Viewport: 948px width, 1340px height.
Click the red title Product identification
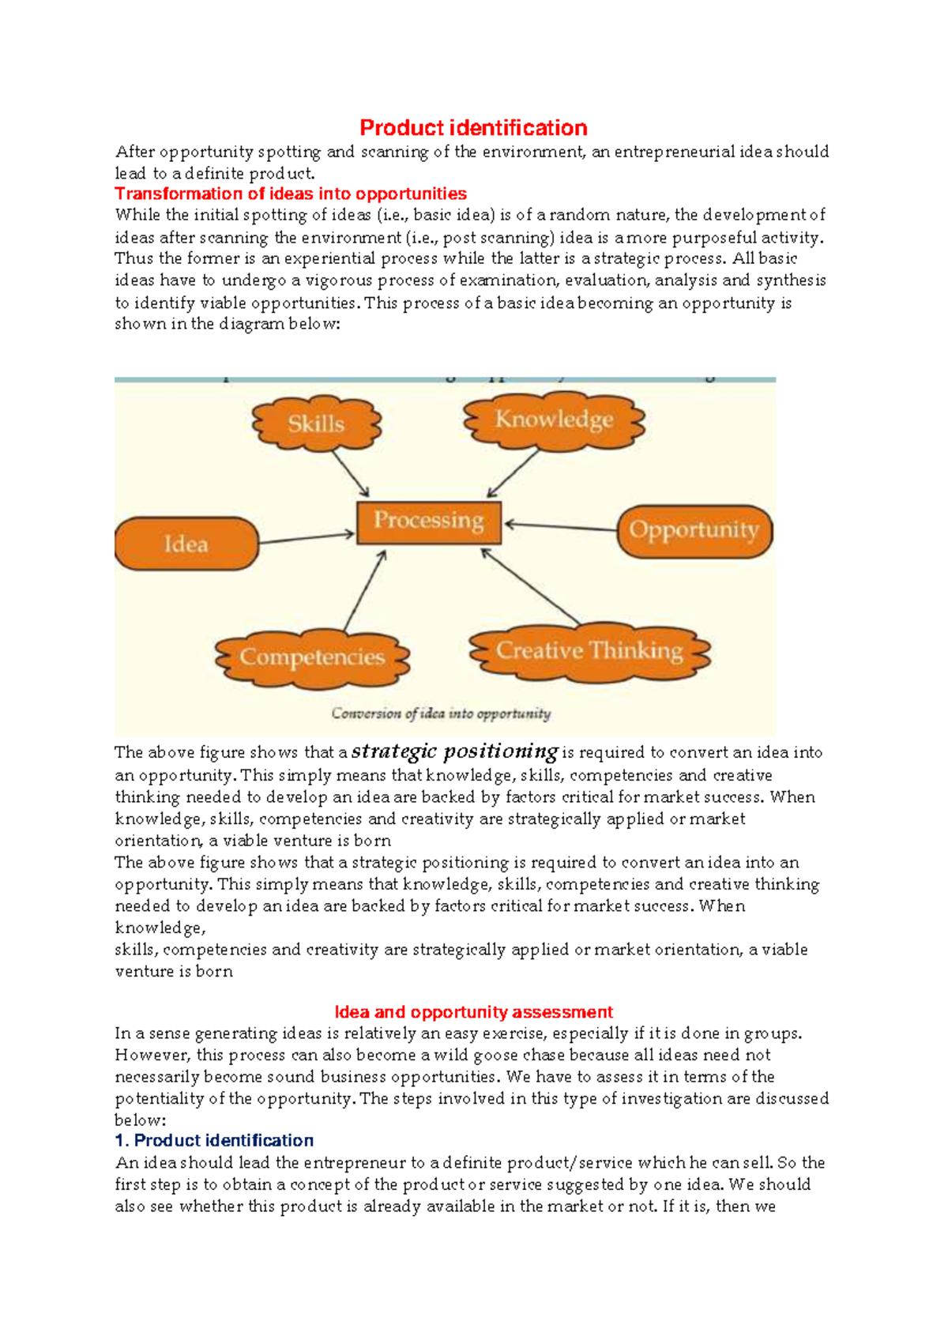tap(473, 128)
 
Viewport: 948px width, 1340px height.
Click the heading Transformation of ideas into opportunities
tap(290, 194)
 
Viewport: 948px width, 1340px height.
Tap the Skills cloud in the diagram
tap(316, 423)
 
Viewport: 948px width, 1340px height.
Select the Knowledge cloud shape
tap(554, 420)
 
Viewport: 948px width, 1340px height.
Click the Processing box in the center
tap(428, 521)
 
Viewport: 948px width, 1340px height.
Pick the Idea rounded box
tap(186, 544)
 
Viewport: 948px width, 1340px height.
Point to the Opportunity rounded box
tap(694, 530)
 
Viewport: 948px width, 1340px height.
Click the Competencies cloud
tap(312, 657)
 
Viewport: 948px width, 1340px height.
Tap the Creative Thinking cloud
tap(589, 651)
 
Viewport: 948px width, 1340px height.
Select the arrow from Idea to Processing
tap(307, 538)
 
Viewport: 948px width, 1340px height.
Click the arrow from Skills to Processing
tap(350, 472)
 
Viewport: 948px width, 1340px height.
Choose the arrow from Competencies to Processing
tap(365, 590)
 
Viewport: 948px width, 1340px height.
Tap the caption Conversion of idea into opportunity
tap(441, 713)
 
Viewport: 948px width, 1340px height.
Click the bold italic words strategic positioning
tap(455, 751)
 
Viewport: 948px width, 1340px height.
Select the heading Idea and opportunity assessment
tap(473, 1012)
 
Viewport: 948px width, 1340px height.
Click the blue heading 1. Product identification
tap(214, 1141)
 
